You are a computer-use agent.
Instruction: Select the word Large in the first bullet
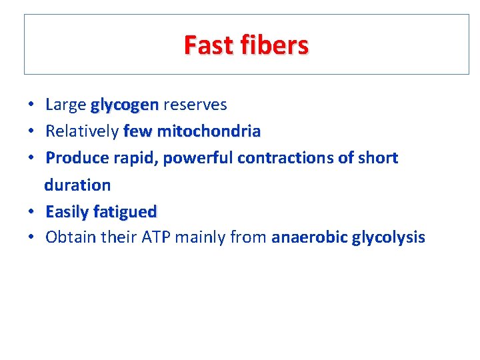pos(65,105)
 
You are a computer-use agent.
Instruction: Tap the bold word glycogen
pos(125,105)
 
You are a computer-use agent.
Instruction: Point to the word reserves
pos(195,105)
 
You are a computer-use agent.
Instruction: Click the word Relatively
pos(82,132)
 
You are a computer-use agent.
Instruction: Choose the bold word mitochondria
pos(209,132)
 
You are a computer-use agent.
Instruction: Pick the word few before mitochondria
pos(138,132)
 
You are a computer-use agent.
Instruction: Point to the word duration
pos(77,185)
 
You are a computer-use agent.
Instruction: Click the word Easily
pos(67,212)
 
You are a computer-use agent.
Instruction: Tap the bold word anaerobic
pos(309,238)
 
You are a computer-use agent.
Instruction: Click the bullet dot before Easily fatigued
pos(31,213)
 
